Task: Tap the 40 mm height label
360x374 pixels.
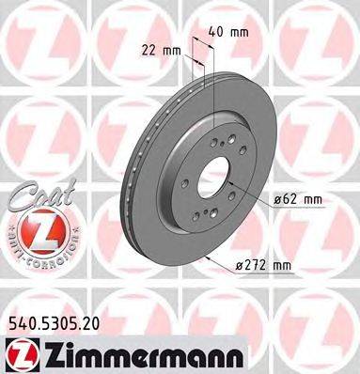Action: [228, 31]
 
